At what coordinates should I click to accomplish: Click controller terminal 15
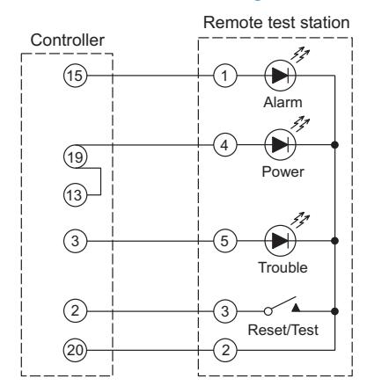click(x=75, y=76)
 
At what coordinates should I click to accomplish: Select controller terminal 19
click(x=75, y=157)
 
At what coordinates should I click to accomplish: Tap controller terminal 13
click(x=75, y=195)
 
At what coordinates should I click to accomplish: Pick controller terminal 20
click(x=75, y=350)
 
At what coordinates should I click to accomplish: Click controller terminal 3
click(x=75, y=241)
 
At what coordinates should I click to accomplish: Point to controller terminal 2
click(x=75, y=310)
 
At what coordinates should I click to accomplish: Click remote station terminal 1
click(x=224, y=76)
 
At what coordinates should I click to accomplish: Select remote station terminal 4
click(x=224, y=145)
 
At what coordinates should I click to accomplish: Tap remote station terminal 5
click(x=224, y=241)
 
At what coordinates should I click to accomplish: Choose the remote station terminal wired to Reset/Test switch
click(x=224, y=311)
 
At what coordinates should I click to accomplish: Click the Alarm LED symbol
click(x=280, y=76)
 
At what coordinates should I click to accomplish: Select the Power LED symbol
click(x=280, y=145)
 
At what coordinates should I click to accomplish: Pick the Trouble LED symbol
click(x=280, y=241)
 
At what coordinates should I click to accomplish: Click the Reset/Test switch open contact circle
click(x=268, y=311)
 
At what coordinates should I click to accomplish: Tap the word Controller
click(x=68, y=40)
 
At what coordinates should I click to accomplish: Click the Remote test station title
click(x=276, y=23)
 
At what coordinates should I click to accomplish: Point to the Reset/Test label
click(x=283, y=330)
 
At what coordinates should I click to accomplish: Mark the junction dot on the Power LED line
click(x=334, y=145)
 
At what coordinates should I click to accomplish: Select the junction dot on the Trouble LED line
click(x=334, y=241)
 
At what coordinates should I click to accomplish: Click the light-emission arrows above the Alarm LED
click(x=300, y=55)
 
